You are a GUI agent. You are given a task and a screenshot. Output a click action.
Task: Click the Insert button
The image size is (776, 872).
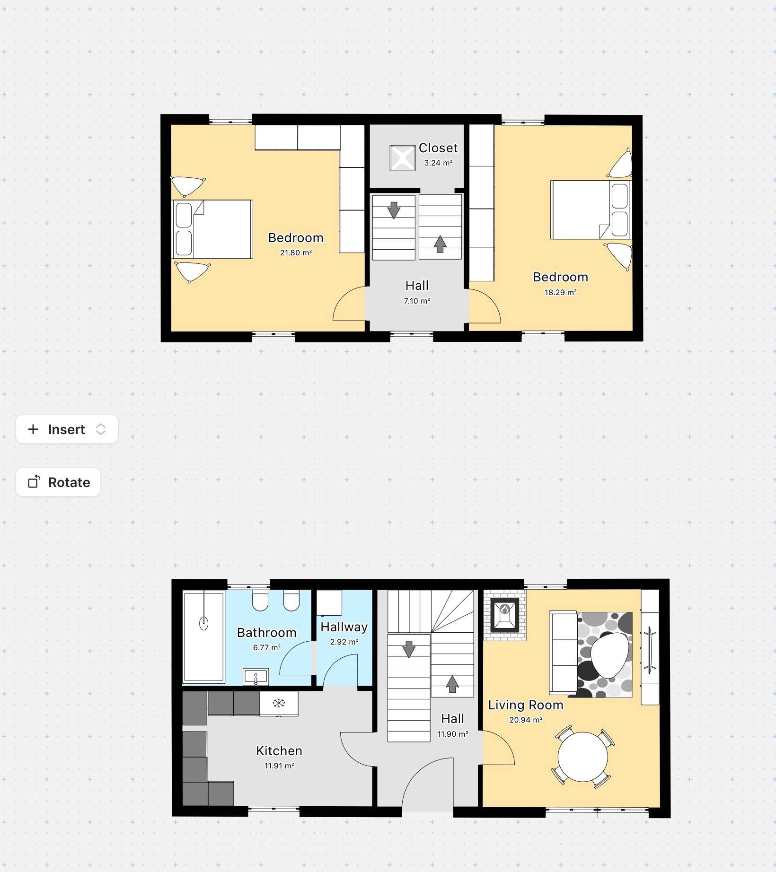tap(67, 429)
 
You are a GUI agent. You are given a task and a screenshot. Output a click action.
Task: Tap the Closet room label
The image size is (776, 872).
tap(438, 148)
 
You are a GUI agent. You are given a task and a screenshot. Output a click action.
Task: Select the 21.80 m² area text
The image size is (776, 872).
tap(296, 253)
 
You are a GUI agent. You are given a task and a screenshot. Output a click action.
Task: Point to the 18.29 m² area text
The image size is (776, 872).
tap(560, 292)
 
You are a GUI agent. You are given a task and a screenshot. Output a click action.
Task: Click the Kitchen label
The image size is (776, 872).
tap(279, 750)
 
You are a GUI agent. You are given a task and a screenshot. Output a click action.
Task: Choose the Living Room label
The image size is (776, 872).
tap(526, 705)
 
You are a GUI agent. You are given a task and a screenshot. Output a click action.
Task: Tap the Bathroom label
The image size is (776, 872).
tap(267, 633)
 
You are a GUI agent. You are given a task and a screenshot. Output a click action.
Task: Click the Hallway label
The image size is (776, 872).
tap(344, 627)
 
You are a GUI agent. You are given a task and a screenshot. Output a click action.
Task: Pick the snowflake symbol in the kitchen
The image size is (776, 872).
tap(279, 703)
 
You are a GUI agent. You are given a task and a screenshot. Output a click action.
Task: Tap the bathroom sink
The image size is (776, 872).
tap(256, 677)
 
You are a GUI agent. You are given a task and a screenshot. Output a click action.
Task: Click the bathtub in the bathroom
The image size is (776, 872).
tap(204, 636)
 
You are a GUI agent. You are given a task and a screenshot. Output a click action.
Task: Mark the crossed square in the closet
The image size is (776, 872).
tap(403, 158)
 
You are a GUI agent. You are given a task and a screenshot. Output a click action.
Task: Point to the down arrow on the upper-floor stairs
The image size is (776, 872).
tap(394, 210)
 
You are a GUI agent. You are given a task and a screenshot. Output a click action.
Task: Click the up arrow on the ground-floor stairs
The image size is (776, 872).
tap(452, 684)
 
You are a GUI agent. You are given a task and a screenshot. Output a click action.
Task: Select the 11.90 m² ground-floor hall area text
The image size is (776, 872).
tap(452, 734)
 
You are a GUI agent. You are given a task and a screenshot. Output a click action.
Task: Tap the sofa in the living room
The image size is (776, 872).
tap(563, 653)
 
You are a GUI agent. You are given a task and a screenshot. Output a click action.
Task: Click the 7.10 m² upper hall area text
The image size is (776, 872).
tap(417, 301)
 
